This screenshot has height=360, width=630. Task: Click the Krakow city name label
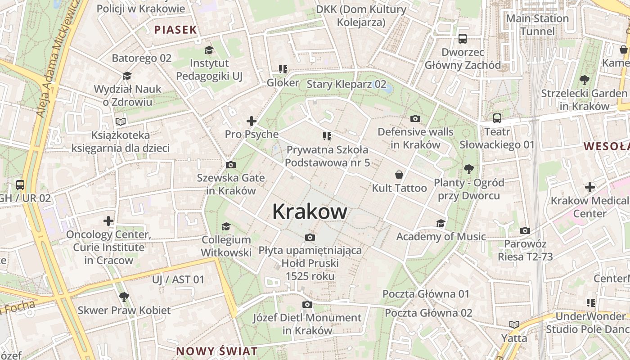310,211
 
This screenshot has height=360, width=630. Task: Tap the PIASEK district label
175,30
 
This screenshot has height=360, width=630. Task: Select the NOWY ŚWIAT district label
217,351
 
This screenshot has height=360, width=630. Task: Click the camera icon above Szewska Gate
230,165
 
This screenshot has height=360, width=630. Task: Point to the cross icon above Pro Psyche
252,121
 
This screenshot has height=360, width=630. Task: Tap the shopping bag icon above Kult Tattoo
399,175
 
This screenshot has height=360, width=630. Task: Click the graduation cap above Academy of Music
441,224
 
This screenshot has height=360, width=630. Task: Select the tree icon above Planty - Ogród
468,169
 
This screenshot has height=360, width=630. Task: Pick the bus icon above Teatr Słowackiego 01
497,118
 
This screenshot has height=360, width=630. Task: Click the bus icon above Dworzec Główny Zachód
463,39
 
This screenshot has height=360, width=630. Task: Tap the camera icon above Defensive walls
415,119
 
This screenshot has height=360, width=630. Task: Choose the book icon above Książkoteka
120,121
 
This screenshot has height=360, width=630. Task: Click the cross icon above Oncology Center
108,221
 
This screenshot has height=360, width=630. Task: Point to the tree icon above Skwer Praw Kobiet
124,297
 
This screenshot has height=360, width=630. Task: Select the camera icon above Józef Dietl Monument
307,305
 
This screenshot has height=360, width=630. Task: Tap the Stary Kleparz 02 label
346,84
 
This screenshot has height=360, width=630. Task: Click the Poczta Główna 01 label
426,294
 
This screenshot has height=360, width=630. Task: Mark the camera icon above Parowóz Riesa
525,231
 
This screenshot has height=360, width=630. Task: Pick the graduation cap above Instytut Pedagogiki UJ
209,50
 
